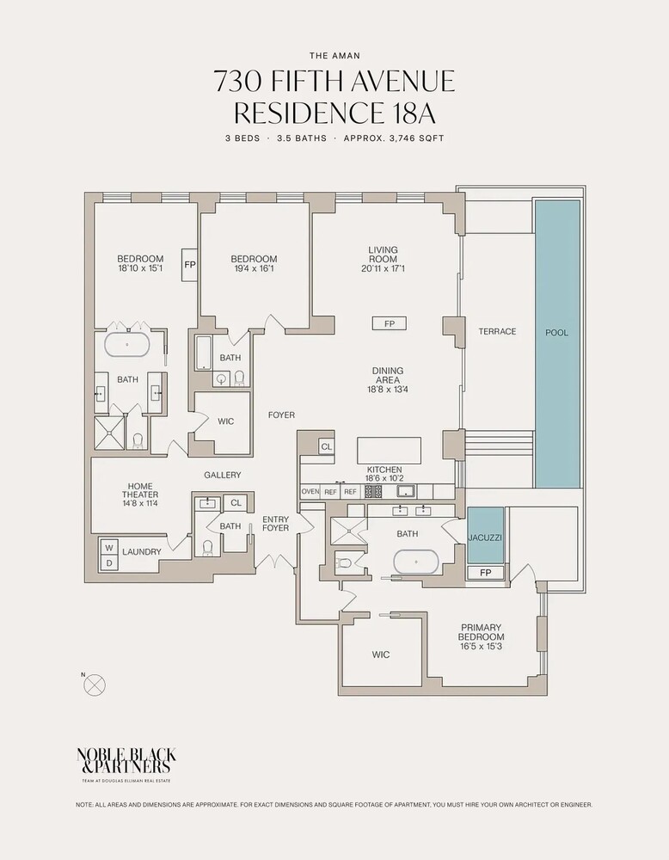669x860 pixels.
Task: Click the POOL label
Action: click(x=556, y=332)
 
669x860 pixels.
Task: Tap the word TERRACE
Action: click(x=498, y=331)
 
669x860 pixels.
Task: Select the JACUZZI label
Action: click(x=486, y=537)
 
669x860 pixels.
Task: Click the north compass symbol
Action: click(x=96, y=685)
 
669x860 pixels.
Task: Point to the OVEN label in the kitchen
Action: click(x=310, y=492)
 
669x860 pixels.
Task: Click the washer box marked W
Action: click(x=109, y=547)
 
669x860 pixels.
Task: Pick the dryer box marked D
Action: click(x=109, y=562)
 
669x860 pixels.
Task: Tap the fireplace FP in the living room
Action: click(x=389, y=323)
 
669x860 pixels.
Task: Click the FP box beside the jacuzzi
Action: click(x=486, y=573)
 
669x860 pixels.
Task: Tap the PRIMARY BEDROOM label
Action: click(x=481, y=633)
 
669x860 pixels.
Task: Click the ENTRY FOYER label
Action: click(x=276, y=523)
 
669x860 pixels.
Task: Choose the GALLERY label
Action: click(x=222, y=475)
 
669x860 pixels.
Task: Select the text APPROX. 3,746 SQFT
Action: click(x=395, y=138)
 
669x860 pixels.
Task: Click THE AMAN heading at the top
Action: click(x=334, y=52)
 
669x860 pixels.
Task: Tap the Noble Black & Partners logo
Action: click(x=126, y=760)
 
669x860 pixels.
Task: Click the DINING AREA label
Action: click(x=388, y=377)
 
